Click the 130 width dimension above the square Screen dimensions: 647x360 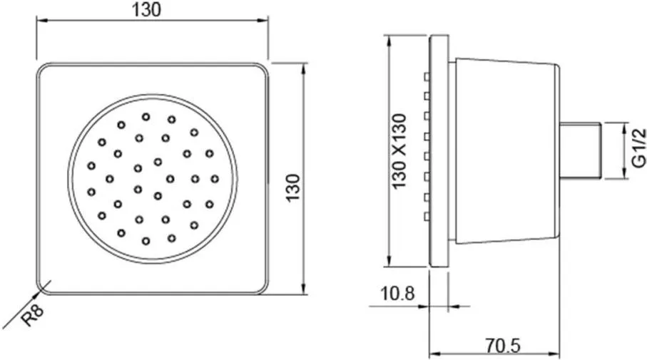[146, 9]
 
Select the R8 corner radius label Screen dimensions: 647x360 [32, 315]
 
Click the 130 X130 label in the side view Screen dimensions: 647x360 [399, 151]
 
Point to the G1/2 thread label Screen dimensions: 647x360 [638, 148]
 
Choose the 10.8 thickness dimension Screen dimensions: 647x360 [397, 294]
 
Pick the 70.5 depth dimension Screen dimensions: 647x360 [503, 346]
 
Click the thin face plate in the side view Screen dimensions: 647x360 [439, 151]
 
